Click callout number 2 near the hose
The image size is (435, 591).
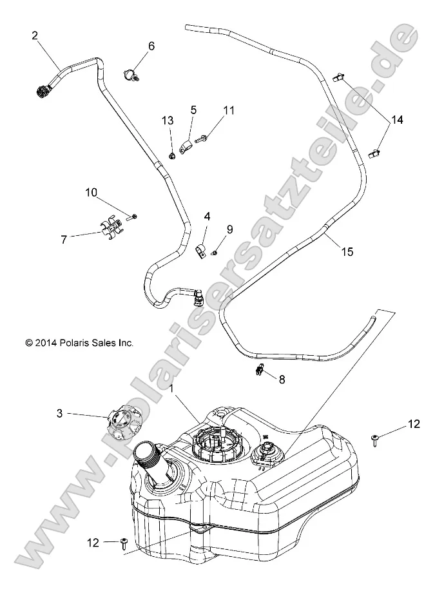click(35, 36)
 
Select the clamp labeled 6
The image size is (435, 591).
click(130, 74)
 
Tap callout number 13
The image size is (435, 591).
click(168, 121)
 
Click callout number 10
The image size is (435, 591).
click(91, 192)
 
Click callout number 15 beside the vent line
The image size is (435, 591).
click(347, 252)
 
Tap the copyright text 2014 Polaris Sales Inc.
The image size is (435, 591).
click(79, 344)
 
